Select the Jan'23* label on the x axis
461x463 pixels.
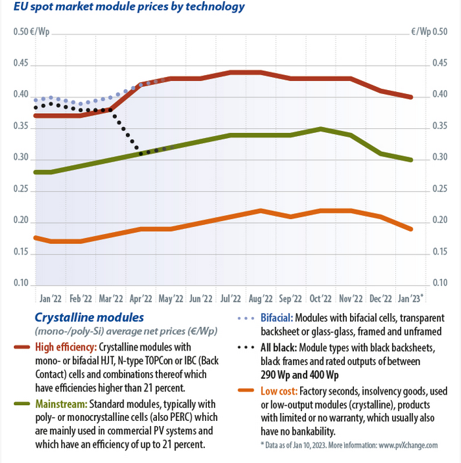click(409, 298)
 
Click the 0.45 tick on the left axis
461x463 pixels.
click(22, 64)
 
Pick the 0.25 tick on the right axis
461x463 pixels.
click(439, 189)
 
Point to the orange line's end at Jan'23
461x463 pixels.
click(411, 229)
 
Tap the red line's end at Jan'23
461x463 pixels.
click(411, 97)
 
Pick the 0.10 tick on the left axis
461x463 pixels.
click(22, 283)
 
